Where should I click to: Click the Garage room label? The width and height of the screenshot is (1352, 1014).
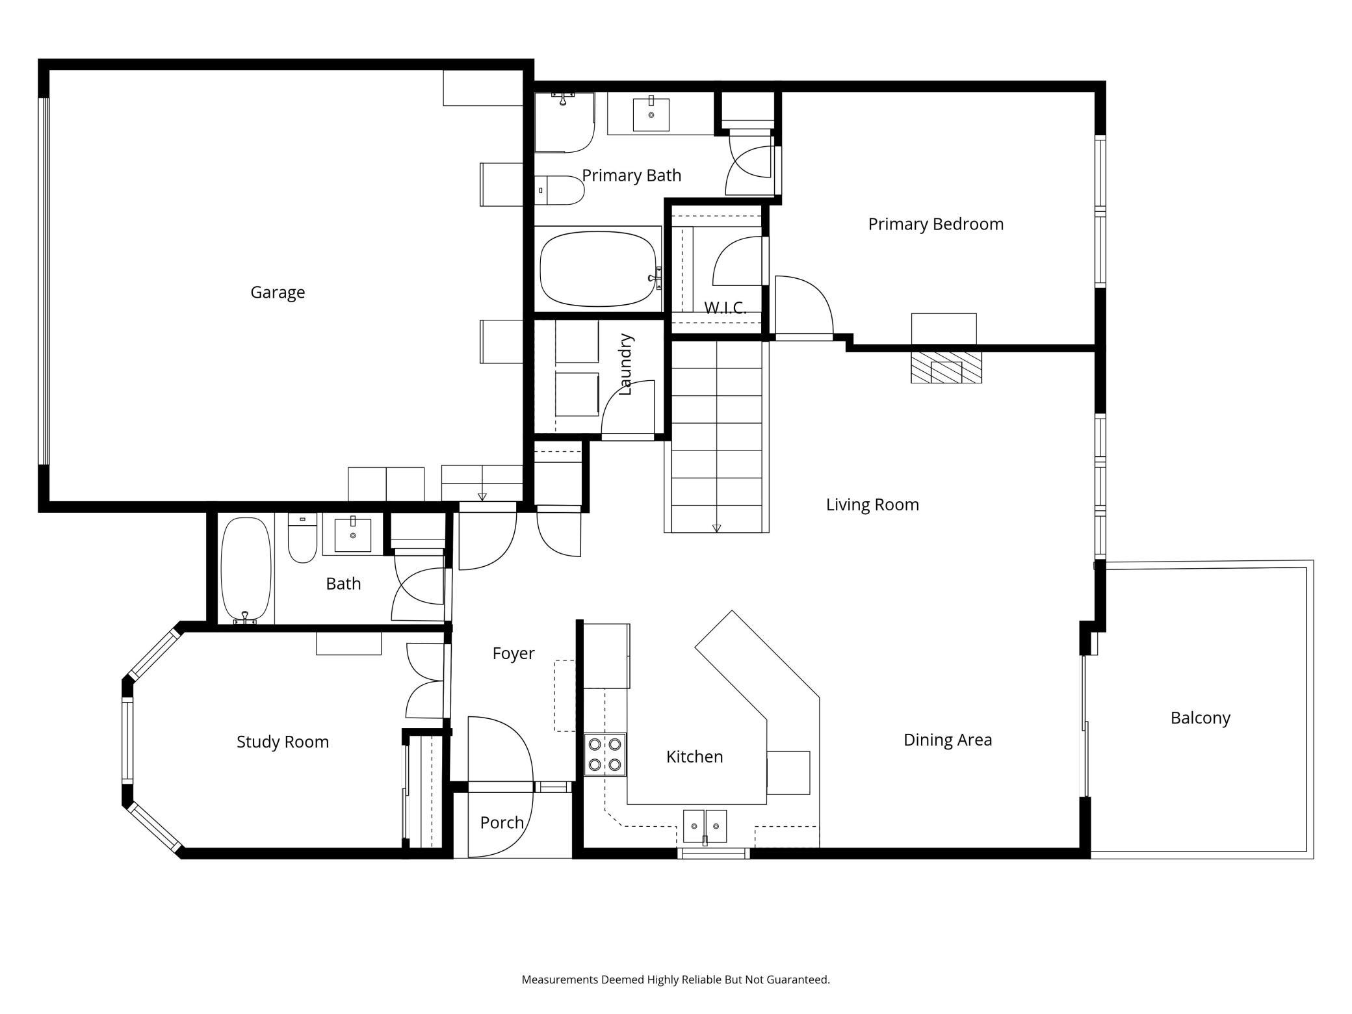278,292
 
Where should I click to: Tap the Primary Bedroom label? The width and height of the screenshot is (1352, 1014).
936,224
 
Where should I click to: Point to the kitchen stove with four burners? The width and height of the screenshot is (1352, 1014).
605,755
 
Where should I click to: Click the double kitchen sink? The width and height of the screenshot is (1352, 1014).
705,826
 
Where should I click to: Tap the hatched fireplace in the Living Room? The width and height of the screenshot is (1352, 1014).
946,367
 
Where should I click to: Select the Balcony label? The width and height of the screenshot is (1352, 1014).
1201,718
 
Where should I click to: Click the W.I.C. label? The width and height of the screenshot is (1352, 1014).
725,307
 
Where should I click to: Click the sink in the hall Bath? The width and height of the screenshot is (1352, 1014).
353,534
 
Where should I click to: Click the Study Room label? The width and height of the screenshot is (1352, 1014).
283,742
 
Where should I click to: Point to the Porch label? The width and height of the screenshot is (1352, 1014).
502,823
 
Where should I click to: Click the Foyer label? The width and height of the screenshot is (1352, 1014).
513,653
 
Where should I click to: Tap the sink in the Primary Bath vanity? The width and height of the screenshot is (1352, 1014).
651,114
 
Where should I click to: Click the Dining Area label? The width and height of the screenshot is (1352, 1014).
948,740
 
